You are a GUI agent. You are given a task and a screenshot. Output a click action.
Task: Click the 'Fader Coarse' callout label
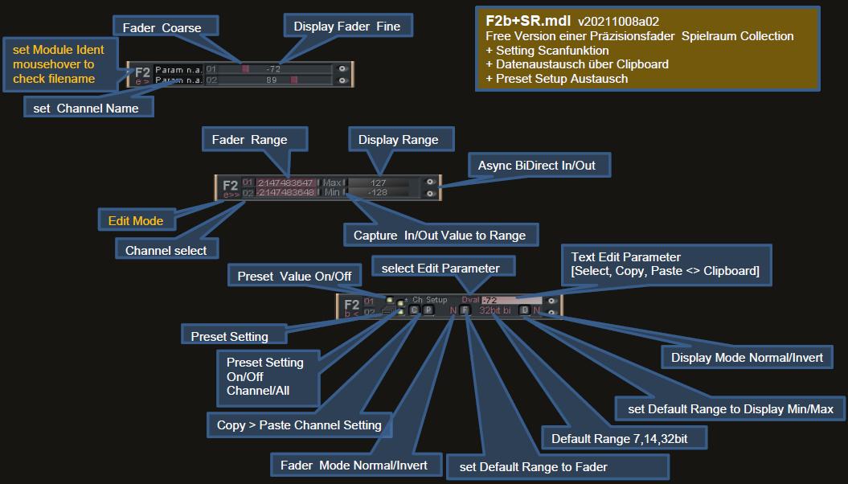click(x=162, y=28)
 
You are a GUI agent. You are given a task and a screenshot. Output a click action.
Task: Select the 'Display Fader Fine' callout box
click(x=346, y=27)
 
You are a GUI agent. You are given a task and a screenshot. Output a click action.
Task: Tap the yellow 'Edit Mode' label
click(x=136, y=221)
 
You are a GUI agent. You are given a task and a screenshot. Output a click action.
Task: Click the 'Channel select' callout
click(x=166, y=250)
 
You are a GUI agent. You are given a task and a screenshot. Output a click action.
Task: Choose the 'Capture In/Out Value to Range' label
click(x=439, y=236)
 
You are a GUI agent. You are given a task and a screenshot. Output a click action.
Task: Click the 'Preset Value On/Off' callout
click(x=294, y=276)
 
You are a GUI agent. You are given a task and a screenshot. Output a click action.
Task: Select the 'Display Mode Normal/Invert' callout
click(x=747, y=358)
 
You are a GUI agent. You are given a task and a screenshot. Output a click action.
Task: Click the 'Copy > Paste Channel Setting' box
click(x=299, y=425)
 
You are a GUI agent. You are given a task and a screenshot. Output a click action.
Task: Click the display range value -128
click(x=378, y=193)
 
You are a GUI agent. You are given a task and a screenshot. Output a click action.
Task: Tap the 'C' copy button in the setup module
click(x=414, y=310)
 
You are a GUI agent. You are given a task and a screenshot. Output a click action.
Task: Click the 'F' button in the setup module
click(x=465, y=310)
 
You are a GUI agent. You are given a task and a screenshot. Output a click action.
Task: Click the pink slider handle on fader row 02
click(x=295, y=80)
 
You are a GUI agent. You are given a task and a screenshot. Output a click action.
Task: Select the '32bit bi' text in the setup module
click(x=494, y=310)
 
